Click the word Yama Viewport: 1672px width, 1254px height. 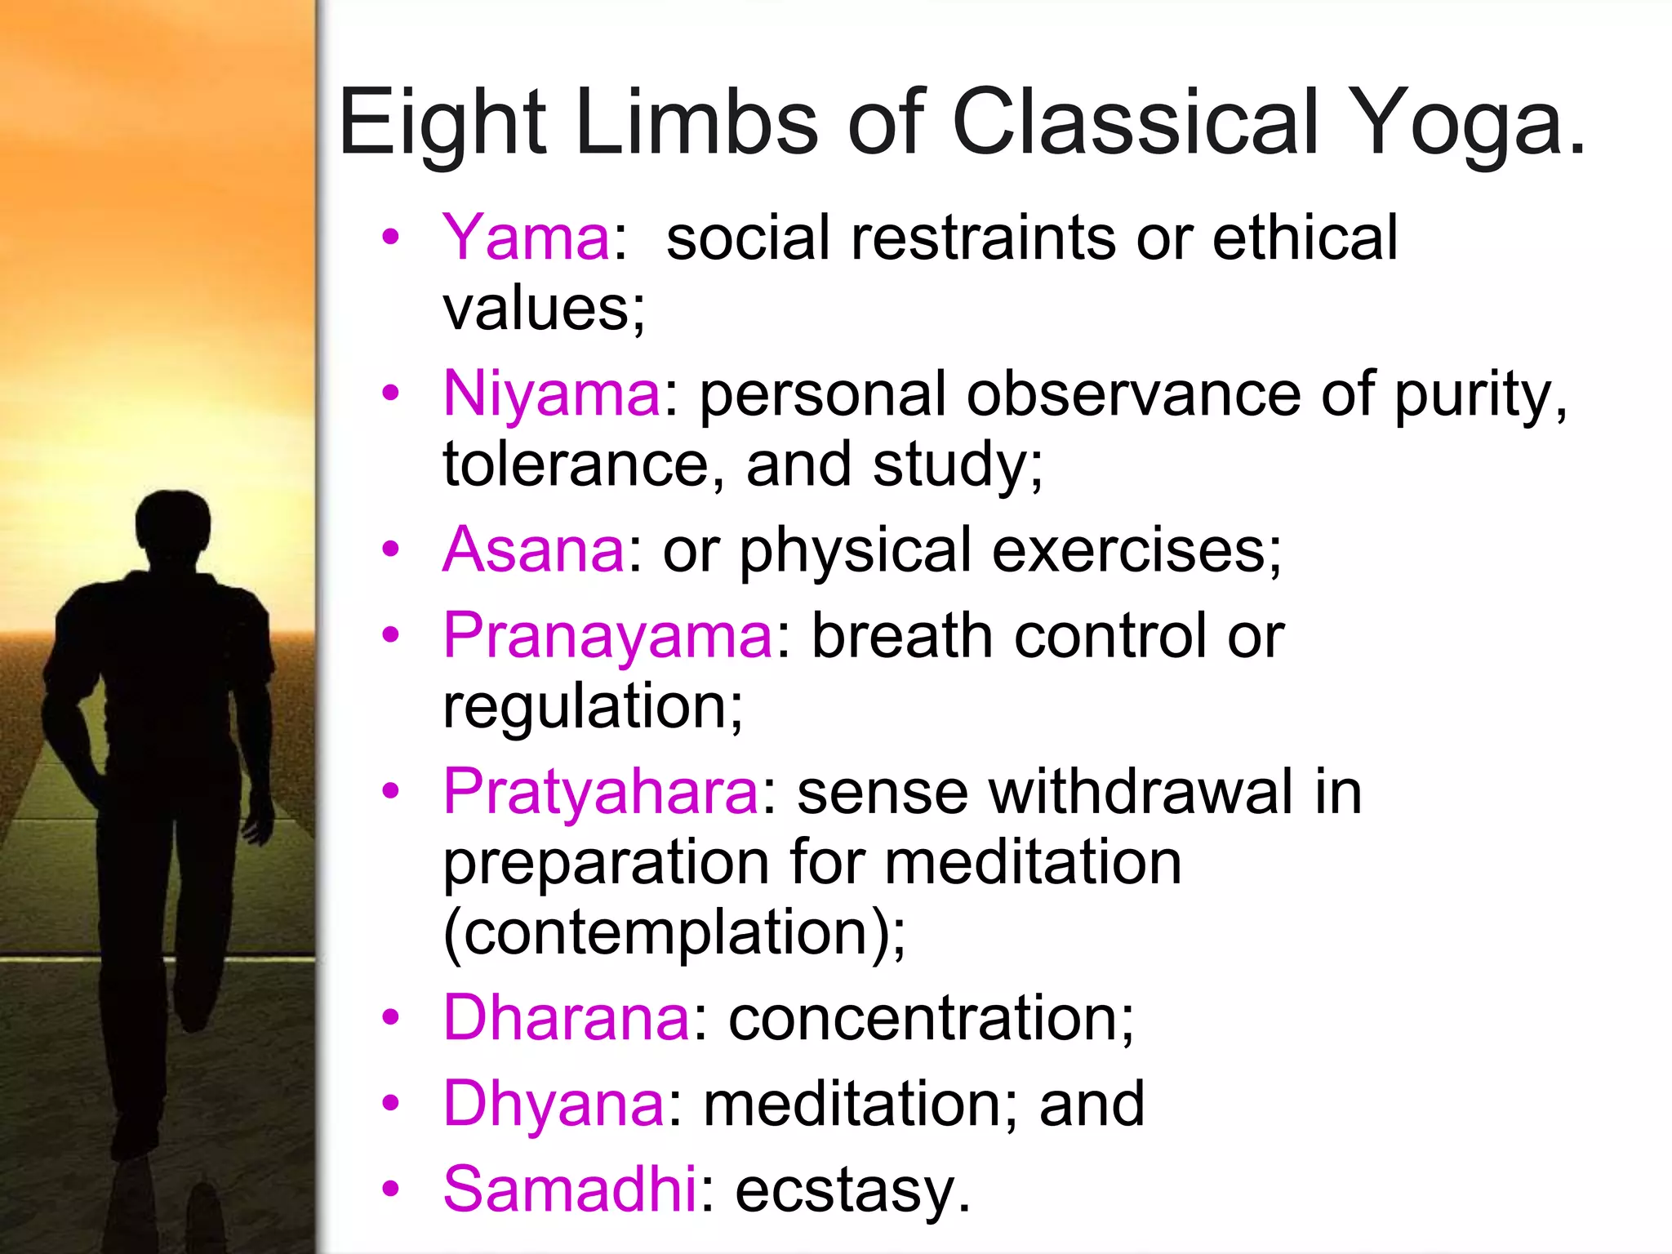coord(526,238)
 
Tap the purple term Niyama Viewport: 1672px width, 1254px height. coord(552,394)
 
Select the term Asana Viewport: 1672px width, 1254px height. coord(534,549)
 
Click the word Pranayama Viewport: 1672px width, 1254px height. coord(607,636)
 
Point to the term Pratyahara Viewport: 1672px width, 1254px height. coord(601,792)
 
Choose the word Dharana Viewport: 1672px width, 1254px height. coord(567,1018)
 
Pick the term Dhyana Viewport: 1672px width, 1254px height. coord(554,1104)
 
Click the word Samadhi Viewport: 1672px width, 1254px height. coord(570,1190)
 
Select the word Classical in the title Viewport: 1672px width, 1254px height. coord(1136,122)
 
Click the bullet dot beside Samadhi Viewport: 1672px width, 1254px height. coord(391,1189)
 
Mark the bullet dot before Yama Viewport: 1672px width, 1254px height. coord(391,238)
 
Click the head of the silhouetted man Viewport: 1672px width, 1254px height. coord(172,527)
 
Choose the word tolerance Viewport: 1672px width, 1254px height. coord(576,465)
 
